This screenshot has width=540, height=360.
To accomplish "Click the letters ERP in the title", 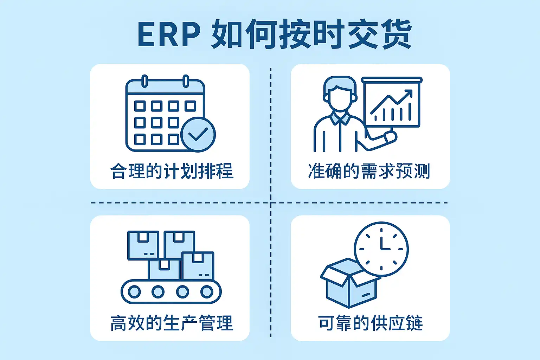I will (168, 34).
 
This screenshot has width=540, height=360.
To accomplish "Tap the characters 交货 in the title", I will (380, 34).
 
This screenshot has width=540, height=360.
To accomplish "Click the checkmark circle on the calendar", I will (198, 134).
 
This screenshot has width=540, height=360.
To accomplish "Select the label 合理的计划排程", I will (172, 171).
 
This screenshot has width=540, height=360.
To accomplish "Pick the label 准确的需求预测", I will (369, 171).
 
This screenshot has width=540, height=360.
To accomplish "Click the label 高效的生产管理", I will (172, 323).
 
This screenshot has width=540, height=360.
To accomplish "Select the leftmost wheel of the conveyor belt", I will (134, 291).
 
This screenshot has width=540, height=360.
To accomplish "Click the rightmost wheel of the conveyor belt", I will (207, 291).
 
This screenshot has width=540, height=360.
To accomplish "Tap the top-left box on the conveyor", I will (143, 245).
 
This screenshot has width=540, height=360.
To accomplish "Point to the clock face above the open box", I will (381, 249).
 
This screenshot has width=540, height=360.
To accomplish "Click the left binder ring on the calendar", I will (144, 81).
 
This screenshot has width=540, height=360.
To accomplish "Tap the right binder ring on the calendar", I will (186, 81).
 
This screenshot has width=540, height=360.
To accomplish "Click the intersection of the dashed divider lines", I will (271, 203).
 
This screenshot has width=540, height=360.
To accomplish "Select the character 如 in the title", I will (227, 34).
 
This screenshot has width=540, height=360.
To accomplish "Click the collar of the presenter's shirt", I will (340, 118).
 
